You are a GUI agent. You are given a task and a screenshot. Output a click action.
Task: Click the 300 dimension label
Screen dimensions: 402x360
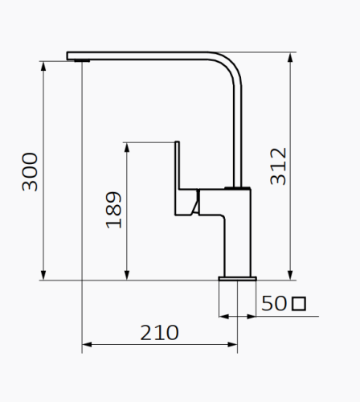(30, 171)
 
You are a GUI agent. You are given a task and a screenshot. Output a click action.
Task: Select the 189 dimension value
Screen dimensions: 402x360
(114, 210)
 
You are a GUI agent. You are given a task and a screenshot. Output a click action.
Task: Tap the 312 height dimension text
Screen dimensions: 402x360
(278, 166)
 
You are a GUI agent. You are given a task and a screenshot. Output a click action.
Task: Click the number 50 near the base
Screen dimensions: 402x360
(274, 304)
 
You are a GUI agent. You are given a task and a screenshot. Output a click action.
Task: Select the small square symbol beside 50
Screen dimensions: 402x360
(299, 304)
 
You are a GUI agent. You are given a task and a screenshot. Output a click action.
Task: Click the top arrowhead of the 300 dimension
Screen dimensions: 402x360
(43, 64)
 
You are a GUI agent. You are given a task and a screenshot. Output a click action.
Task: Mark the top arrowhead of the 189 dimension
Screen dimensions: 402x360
(126, 147)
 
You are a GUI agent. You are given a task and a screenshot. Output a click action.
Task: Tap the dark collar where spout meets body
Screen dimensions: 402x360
(237, 188)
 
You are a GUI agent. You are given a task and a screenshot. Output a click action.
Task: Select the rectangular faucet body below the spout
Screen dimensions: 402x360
(238, 233)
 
